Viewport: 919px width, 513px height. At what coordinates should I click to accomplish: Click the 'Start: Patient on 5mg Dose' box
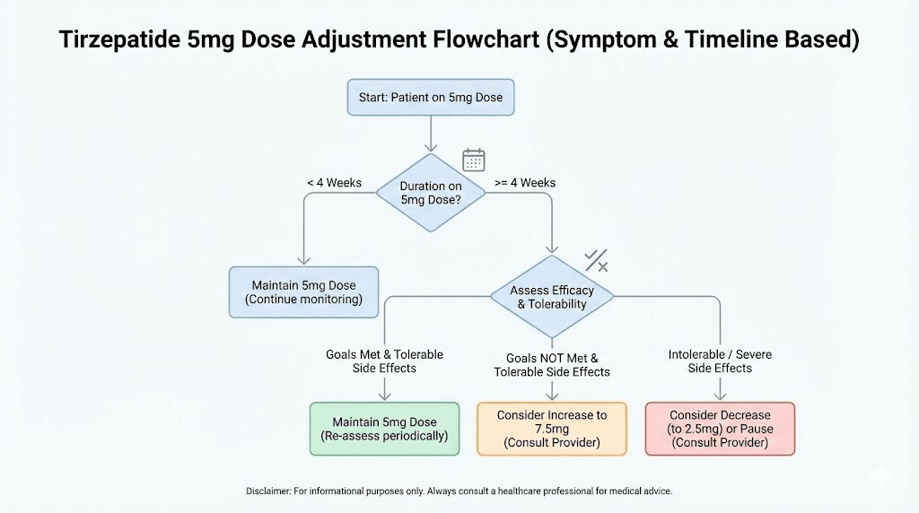[431, 97]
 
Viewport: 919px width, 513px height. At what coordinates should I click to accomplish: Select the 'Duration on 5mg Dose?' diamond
[431, 193]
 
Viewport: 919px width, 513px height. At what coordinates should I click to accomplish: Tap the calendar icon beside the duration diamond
[473, 161]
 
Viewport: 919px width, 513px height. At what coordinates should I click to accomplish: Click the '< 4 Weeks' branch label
[334, 183]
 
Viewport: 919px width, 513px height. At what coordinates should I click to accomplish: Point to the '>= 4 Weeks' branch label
[525, 183]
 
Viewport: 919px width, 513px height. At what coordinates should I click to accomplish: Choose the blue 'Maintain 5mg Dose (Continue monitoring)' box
[304, 292]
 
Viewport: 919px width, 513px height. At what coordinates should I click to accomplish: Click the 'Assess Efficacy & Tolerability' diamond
[552, 297]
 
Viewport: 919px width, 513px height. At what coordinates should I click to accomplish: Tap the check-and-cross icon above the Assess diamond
[597, 261]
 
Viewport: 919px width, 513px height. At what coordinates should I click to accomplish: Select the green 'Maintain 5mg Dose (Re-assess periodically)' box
[384, 429]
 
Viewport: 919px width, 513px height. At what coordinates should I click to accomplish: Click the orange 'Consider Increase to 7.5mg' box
[552, 429]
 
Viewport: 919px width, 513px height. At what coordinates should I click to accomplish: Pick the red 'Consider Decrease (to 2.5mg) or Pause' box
[720, 429]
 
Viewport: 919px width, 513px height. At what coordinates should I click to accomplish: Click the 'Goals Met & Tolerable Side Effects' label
[384, 361]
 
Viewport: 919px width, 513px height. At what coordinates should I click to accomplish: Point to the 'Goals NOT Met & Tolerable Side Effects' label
[552, 365]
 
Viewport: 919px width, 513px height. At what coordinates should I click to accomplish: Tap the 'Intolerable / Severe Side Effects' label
[720, 361]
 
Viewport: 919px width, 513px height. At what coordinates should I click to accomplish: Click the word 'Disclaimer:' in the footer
[270, 491]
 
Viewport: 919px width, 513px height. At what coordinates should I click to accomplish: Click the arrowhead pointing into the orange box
[552, 396]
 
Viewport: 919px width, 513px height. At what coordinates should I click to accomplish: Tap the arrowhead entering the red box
[720, 396]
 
